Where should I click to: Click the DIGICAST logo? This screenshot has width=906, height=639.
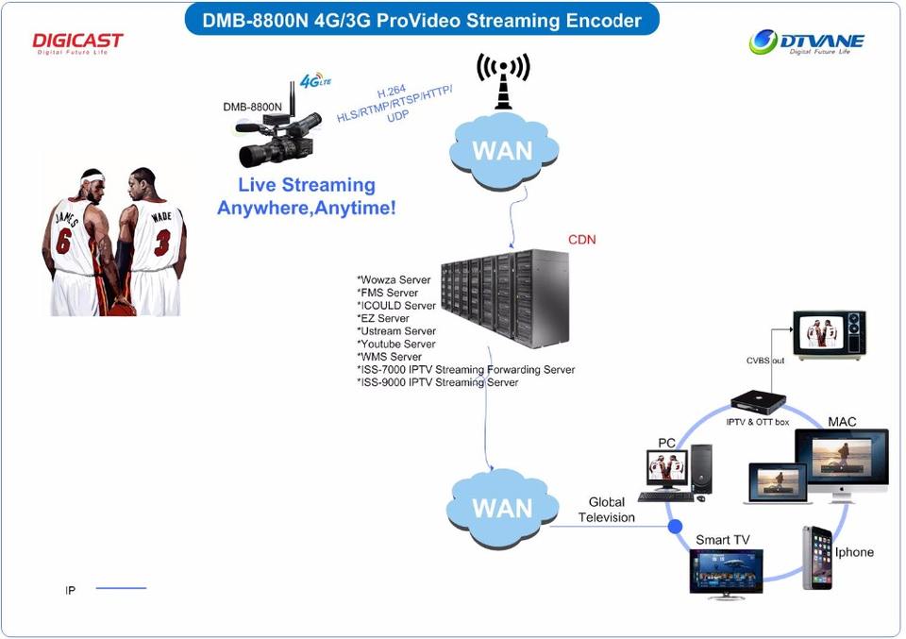[77, 42]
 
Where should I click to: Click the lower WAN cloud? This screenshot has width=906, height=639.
[495, 507]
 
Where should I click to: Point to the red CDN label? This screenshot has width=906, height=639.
[581, 240]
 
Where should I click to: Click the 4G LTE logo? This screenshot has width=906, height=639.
[314, 81]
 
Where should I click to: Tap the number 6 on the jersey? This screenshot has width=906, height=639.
[63, 240]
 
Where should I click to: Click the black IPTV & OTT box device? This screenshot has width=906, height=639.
[758, 400]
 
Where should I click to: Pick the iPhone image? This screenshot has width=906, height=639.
[816, 558]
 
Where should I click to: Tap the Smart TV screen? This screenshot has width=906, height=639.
[726, 569]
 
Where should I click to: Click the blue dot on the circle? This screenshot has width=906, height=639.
[675, 526]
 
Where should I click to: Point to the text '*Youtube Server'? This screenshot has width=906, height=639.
[396, 345]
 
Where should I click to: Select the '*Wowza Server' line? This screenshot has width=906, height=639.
[394, 280]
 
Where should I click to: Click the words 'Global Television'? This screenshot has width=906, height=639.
[606, 510]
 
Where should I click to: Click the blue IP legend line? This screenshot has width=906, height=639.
[121, 589]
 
